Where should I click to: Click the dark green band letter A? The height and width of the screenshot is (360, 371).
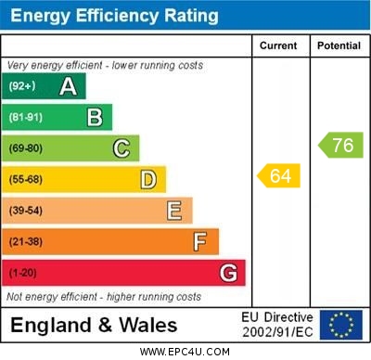68,86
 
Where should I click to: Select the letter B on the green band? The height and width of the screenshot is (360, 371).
95,117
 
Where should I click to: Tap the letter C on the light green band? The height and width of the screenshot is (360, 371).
122,148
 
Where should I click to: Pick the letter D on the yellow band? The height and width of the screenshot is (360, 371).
148,179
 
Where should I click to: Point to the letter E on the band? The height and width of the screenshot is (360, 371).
174,211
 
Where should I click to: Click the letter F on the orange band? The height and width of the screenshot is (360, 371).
200,242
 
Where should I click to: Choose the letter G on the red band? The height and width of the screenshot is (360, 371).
228,273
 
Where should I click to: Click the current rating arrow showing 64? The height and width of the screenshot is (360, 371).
279,175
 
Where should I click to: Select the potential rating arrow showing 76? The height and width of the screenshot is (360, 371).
340,145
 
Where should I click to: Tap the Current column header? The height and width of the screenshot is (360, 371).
278,45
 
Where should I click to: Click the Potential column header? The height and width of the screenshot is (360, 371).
339,45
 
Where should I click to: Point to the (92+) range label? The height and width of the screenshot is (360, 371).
22,86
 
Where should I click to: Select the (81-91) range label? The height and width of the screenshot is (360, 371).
26,118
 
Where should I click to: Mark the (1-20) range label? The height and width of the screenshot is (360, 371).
23,274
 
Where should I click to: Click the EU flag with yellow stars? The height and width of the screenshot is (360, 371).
340,325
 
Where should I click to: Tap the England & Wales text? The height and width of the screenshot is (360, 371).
94,325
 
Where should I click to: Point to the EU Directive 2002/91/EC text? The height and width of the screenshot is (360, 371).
277,325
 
